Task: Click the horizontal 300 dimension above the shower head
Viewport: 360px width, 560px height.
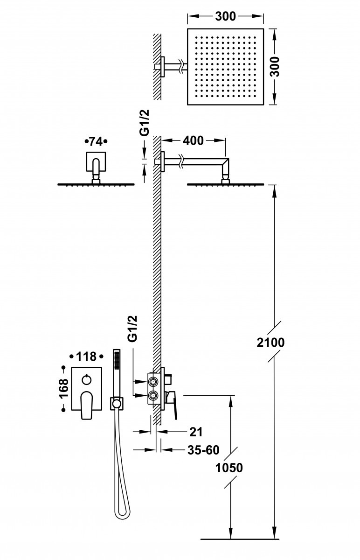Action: click(x=225, y=17)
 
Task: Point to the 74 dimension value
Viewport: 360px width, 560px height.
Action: click(x=96, y=140)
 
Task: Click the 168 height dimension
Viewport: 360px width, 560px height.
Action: click(x=64, y=389)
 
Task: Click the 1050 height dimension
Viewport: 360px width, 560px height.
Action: click(x=229, y=468)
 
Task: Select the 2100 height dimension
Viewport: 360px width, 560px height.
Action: click(x=270, y=342)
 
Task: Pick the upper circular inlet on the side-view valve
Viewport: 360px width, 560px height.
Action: click(x=152, y=381)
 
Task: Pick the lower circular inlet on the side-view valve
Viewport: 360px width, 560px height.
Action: click(x=152, y=397)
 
